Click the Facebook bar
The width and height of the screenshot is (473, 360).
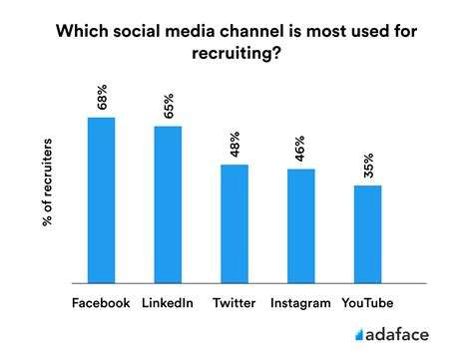(101, 199)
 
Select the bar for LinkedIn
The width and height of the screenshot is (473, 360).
(168, 204)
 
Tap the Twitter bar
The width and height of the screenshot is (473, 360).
(235, 223)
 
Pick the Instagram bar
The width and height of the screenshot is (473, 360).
(301, 225)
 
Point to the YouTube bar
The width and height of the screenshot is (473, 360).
(368, 233)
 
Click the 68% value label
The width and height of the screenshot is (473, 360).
(102, 97)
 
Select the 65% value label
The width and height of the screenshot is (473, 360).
(169, 106)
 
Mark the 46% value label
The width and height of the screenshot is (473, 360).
(301, 149)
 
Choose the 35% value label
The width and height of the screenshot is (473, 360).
(368, 165)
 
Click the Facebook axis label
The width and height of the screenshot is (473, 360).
(101, 302)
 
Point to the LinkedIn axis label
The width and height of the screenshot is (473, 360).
(168, 302)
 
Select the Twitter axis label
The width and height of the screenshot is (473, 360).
(235, 302)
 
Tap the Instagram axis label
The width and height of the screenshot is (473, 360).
(300, 302)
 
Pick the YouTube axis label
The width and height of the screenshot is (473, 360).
(367, 302)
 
